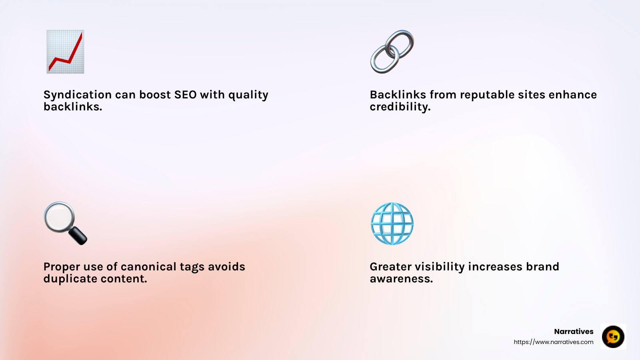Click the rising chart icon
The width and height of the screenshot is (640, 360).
(65, 52)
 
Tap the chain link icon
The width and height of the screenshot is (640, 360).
(392, 52)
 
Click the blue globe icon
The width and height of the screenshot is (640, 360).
(392, 224)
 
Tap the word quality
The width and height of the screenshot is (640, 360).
(248, 95)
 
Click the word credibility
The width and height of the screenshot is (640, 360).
(400, 107)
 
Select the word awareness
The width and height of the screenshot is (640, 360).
(401, 279)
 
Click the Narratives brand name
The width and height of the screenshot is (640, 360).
(574, 332)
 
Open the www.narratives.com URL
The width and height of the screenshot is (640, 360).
(553, 342)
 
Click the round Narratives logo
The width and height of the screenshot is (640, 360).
(613, 336)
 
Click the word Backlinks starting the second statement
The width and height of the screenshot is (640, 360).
(398, 95)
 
